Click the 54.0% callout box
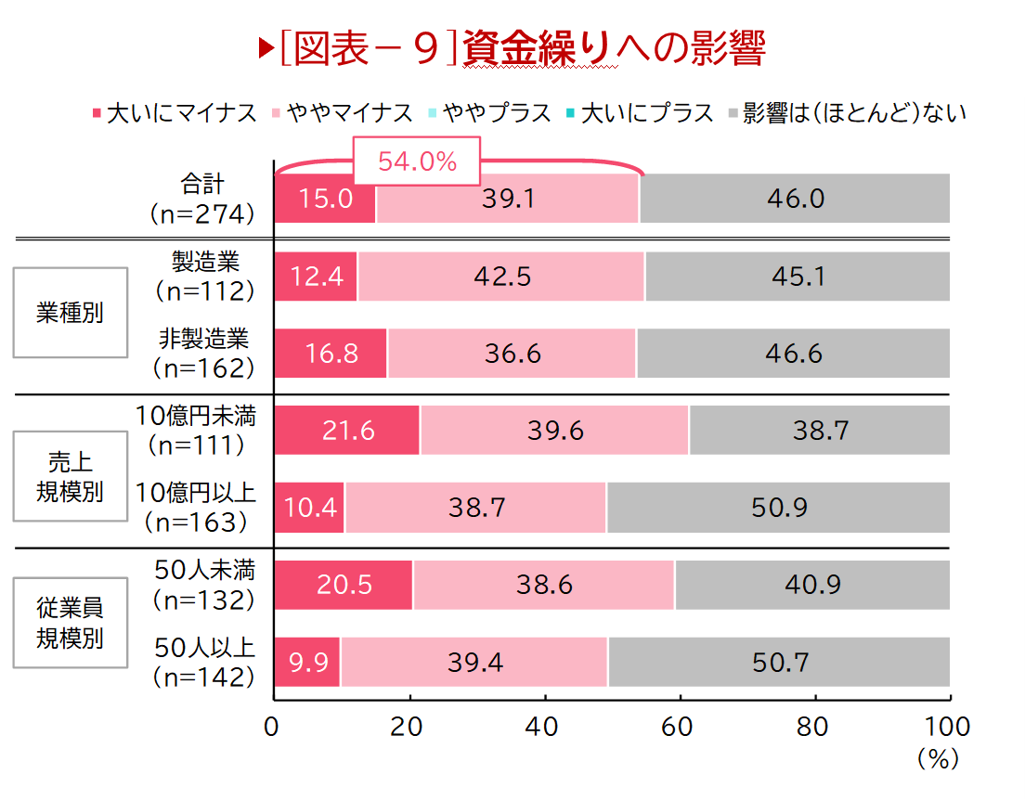click(x=417, y=161)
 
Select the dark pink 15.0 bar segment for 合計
click(x=325, y=199)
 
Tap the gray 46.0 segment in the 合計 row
click(x=795, y=199)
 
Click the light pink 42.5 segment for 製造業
click(x=501, y=277)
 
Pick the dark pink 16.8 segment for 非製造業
click(x=331, y=354)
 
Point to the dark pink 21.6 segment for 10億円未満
click(x=347, y=431)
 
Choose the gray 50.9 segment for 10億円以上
click(x=778, y=508)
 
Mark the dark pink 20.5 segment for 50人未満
click(x=344, y=585)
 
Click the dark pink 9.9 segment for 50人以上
click(x=307, y=663)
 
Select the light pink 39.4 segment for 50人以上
click(x=474, y=663)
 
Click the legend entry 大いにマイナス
click(x=175, y=113)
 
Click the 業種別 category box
click(x=70, y=313)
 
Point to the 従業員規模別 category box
click(x=70, y=623)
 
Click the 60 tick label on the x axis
click(x=678, y=727)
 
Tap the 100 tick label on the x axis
click(x=946, y=727)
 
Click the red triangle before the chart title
click(x=266, y=50)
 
